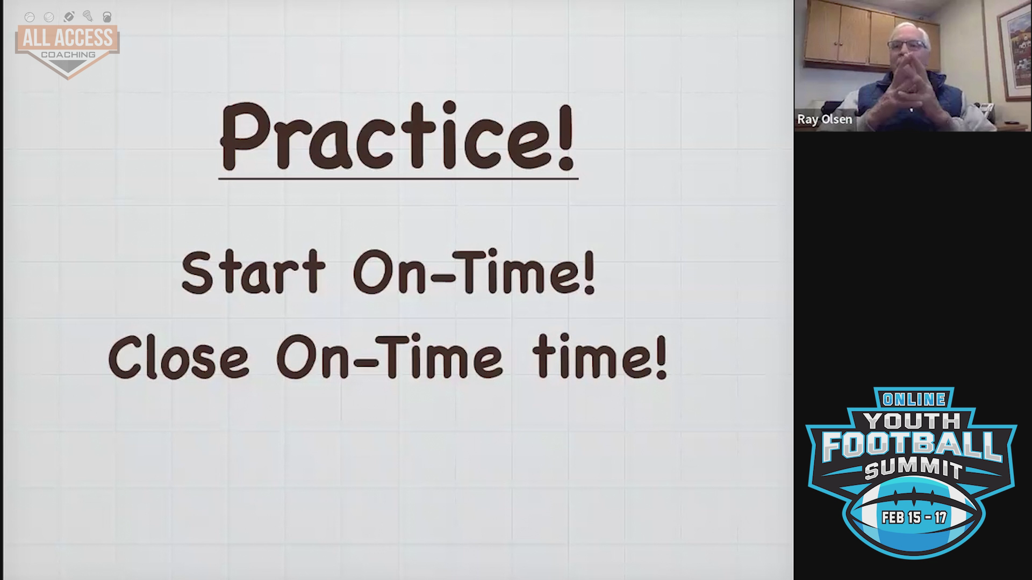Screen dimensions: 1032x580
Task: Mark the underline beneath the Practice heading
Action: [398, 178]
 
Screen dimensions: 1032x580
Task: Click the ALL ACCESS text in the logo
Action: [68, 38]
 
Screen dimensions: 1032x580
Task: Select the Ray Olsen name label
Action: [825, 119]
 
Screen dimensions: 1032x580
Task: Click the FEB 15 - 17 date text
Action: [914, 518]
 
